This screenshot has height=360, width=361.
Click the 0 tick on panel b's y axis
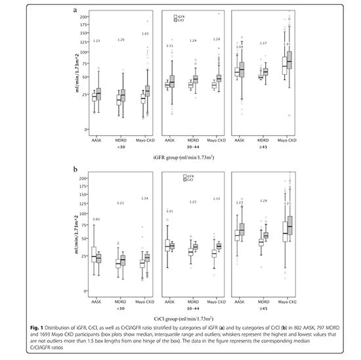pos(85,290)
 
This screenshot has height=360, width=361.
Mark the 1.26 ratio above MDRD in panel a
pos(121,40)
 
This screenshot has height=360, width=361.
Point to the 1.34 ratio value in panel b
pos(145,199)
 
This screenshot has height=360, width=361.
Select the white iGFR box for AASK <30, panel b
pos(93,255)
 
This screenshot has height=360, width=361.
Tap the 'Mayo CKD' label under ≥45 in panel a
pos(286,141)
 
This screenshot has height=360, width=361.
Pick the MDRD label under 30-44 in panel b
pos(194,300)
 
